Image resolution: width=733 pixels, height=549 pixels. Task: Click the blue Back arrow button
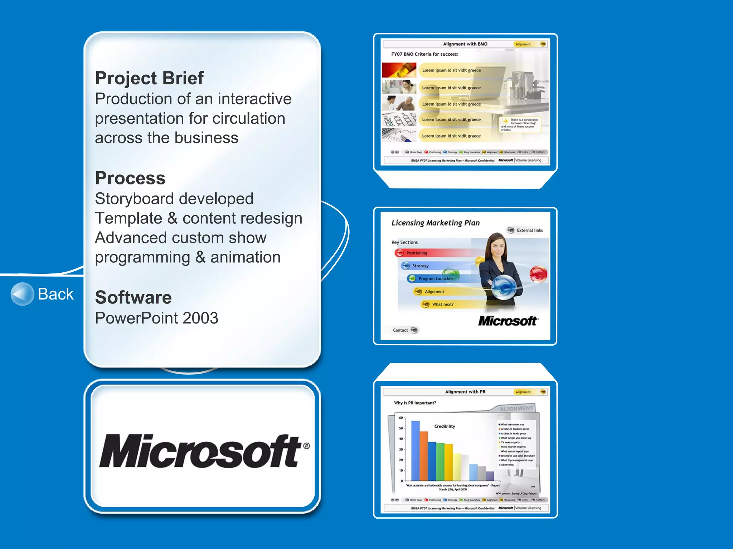(22, 294)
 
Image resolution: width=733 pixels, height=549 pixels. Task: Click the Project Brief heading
(149, 78)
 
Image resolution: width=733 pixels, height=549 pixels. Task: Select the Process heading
(130, 178)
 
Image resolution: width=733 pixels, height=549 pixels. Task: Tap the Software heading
(133, 297)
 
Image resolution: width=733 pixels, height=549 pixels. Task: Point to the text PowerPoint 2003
(156, 318)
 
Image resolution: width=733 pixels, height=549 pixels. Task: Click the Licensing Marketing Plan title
(435, 223)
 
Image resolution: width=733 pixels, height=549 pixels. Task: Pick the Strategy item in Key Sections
(420, 266)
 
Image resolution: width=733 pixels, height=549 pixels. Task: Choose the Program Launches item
(436, 279)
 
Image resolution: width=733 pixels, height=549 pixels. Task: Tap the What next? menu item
(442, 305)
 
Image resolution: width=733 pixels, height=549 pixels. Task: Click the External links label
(529, 231)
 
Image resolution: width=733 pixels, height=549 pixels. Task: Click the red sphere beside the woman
(538, 274)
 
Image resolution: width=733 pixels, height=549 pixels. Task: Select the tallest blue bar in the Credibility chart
(415, 450)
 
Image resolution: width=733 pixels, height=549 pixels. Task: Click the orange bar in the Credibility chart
(424, 456)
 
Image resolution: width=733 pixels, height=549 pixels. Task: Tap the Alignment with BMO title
(465, 44)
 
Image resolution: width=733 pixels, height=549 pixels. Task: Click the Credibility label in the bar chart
(445, 426)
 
